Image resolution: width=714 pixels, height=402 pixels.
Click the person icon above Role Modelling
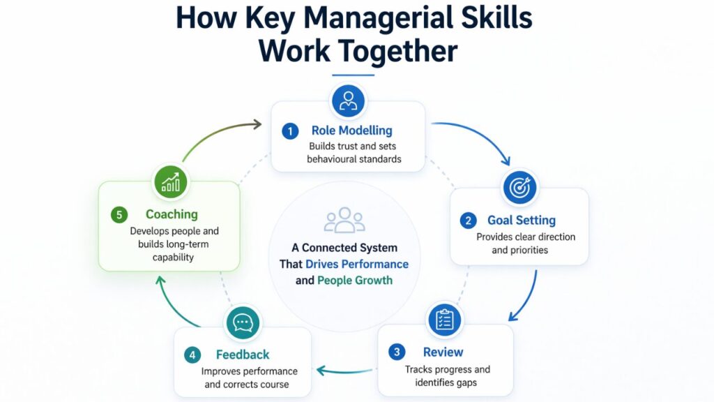click(x=347, y=101)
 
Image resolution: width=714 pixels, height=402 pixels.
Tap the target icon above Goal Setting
click(x=519, y=187)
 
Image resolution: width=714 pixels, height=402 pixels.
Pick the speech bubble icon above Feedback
click(x=242, y=322)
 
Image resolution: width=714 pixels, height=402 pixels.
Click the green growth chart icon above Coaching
click(x=170, y=181)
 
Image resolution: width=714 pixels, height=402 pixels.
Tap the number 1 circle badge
click(x=289, y=131)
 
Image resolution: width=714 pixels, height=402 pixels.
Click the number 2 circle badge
click(x=467, y=221)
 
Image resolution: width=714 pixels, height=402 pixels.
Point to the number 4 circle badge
click(x=192, y=355)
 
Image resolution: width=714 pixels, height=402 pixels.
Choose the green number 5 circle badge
click(x=119, y=214)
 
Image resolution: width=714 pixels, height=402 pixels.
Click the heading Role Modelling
click(x=351, y=131)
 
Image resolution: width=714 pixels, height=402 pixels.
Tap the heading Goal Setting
click(x=522, y=221)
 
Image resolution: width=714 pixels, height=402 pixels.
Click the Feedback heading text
click(x=242, y=355)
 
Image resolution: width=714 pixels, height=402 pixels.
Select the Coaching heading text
click(x=172, y=214)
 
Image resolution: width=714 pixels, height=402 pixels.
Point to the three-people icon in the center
click(x=344, y=220)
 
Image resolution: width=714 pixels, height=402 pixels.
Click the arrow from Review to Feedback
click(x=347, y=370)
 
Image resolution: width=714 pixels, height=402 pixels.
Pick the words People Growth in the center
click(x=355, y=281)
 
